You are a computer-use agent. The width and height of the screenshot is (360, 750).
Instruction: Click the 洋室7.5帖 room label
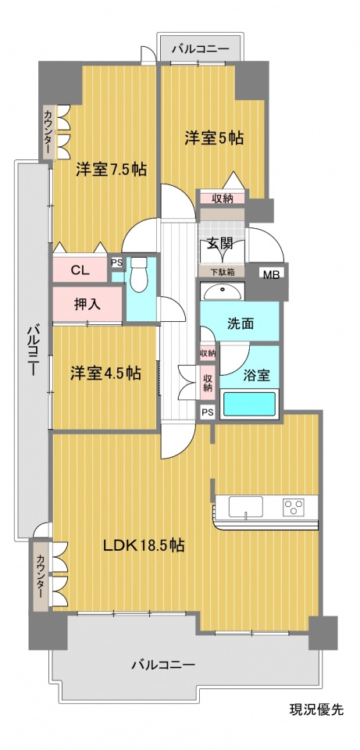tap(111, 170)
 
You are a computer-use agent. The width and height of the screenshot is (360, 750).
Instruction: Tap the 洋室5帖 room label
tap(214, 138)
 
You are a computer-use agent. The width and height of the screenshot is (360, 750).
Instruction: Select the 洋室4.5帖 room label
tap(105, 373)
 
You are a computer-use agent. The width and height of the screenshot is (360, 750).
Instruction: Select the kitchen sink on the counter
tap(246, 507)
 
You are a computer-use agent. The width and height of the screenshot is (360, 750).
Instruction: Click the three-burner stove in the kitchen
tap(294, 507)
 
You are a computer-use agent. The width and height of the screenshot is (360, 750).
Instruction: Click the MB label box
tap(273, 273)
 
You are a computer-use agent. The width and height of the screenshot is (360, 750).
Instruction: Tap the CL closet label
tap(80, 270)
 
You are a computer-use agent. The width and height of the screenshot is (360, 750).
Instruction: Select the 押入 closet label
tap(87, 304)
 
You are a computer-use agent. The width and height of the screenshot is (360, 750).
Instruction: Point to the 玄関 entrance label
tap(219, 244)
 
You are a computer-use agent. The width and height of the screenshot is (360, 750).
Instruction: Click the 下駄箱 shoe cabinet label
tap(222, 272)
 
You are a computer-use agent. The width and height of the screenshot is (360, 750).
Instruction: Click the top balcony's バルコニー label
tap(201, 48)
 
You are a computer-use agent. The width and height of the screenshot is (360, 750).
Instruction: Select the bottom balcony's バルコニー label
tap(163, 665)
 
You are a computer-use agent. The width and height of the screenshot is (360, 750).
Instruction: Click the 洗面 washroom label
tap(240, 323)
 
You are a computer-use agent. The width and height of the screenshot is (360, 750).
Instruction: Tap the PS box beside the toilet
tap(116, 262)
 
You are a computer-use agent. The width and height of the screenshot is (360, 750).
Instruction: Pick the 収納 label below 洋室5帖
tap(223, 198)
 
